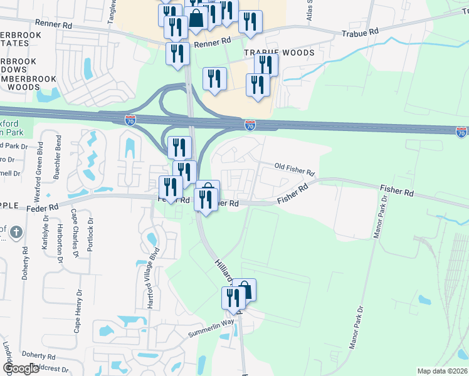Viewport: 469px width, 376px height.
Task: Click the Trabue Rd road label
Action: point(361,31)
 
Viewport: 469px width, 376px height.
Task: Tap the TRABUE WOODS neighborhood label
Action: point(288,53)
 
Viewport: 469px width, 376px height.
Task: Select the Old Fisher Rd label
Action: point(294,169)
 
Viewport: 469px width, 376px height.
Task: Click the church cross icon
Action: point(17,232)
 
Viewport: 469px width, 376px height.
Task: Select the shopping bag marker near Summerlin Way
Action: point(245,290)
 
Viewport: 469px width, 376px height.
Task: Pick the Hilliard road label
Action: point(223,271)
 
